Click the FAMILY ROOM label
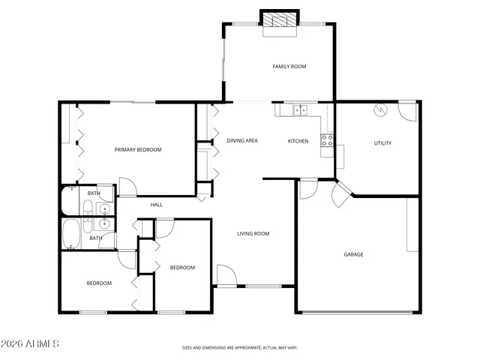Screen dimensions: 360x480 point(289,67)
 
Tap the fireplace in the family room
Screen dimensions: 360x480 point(279,22)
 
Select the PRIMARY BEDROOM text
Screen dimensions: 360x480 point(137,150)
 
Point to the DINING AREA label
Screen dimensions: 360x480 point(242,141)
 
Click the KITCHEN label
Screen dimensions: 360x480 point(298,141)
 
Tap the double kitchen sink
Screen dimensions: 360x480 point(300,110)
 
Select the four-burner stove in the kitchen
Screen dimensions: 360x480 point(327,139)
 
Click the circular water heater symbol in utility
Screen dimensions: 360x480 point(379,110)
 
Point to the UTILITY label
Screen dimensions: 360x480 point(382,143)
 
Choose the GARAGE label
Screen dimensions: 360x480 point(353,254)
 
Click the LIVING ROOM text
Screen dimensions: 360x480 point(253,233)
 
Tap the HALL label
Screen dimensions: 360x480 point(157,205)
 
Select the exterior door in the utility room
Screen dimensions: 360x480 point(406,110)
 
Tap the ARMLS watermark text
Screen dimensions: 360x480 point(31,343)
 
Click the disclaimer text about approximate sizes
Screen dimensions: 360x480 point(240,348)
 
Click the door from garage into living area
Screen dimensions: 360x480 point(308,188)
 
